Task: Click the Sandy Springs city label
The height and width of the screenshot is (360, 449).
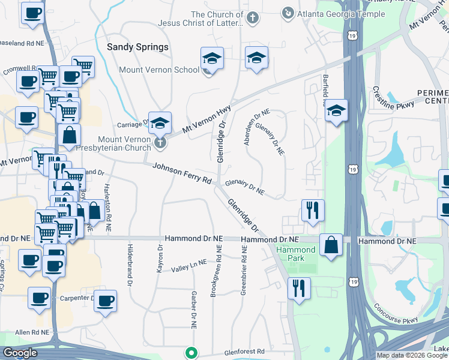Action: [x=137, y=47]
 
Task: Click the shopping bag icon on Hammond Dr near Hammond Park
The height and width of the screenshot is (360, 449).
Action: [x=331, y=245]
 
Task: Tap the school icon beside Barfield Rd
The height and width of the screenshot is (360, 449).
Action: [x=337, y=110]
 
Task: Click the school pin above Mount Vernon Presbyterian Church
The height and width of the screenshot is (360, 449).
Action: [x=160, y=123]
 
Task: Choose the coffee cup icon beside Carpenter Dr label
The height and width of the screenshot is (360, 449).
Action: [x=106, y=301]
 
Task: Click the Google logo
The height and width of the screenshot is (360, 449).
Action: [x=20, y=353]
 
